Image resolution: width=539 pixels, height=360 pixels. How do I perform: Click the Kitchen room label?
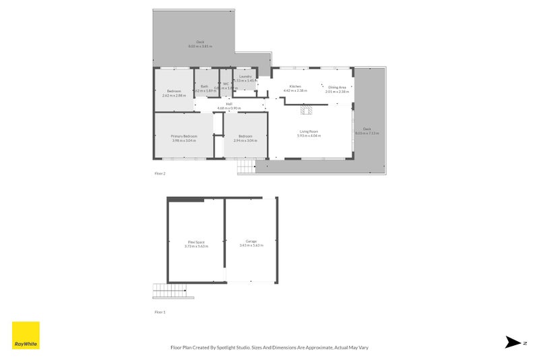point(295,87)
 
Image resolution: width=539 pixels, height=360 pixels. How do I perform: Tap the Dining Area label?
point(337,87)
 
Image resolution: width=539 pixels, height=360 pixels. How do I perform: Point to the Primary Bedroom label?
point(184,136)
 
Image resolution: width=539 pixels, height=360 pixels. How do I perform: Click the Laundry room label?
point(245,77)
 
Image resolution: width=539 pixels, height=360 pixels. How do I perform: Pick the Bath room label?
point(204,86)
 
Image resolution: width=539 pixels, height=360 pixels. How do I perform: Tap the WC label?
point(226,84)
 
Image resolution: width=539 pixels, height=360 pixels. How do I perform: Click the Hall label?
point(229,104)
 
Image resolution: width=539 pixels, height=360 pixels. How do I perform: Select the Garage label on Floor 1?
point(251,241)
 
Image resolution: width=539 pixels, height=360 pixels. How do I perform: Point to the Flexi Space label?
point(196,242)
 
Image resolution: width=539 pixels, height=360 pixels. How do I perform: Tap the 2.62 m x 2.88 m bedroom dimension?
point(174,95)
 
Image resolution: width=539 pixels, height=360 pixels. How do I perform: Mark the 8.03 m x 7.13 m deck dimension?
point(367,133)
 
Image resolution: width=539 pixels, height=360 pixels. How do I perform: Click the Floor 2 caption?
point(160,173)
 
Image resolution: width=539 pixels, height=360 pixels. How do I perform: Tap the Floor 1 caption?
point(160,312)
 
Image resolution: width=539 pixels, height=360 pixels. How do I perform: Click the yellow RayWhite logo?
point(26,335)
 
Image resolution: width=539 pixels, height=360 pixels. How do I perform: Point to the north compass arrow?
point(513,342)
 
